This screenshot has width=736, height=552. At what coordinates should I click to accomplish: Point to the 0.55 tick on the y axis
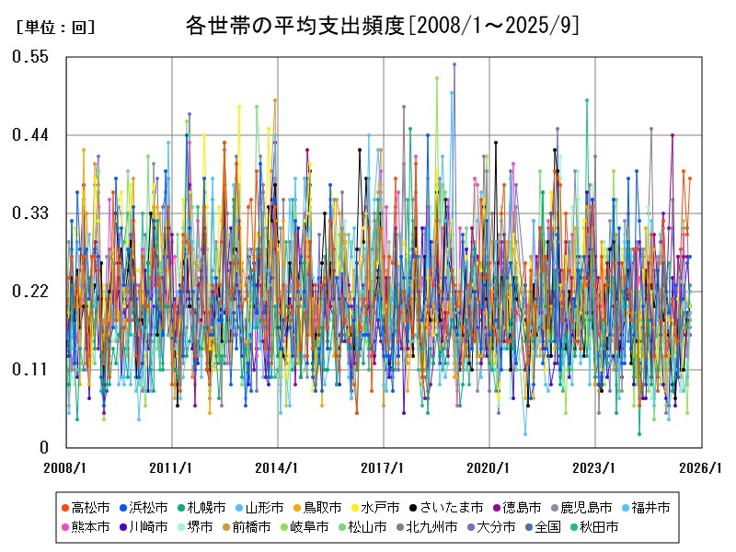click(x=29, y=57)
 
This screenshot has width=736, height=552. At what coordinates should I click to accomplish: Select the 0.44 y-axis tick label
click(x=29, y=135)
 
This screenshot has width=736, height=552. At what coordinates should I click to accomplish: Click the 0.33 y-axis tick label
click(x=29, y=213)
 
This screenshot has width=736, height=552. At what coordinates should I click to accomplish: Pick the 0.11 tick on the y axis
click(x=29, y=370)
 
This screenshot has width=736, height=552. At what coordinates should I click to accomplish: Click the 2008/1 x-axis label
click(x=66, y=467)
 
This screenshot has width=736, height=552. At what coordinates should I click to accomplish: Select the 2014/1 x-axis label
click(x=278, y=467)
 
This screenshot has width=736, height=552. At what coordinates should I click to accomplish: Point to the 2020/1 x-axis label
click(x=489, y=467)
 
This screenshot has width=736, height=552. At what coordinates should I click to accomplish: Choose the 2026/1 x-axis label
click(x=701, y=467)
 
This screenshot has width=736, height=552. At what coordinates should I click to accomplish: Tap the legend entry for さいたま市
click(x=450, y=507)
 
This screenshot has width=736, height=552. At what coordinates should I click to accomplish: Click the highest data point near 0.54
click(x=454, y=64)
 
